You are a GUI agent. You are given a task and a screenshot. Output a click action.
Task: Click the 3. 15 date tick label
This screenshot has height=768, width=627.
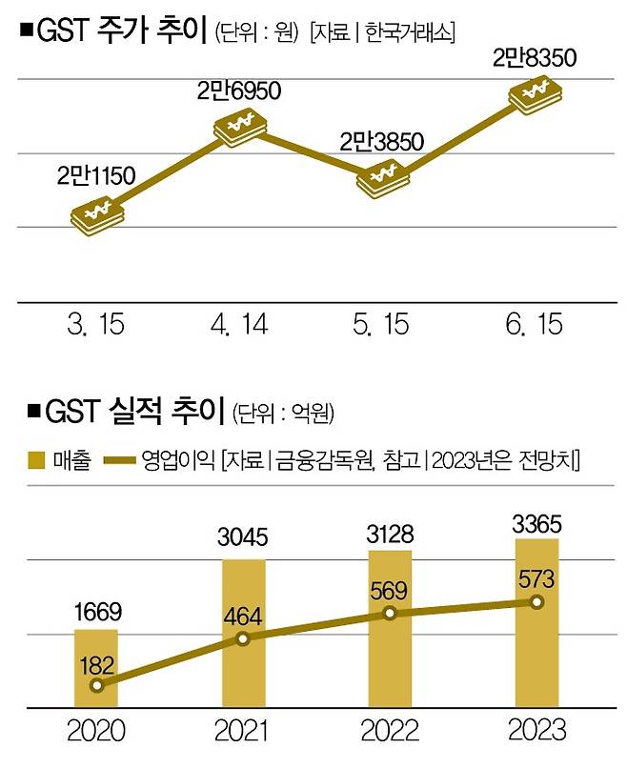pyautogui.click(x=96, y=325)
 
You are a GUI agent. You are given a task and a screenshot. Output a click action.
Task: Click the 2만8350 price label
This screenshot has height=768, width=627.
pyautogui.click(x=536, y=58)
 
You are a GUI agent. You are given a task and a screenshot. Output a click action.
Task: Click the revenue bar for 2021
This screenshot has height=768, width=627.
pyautogui.click(x=243, y=635)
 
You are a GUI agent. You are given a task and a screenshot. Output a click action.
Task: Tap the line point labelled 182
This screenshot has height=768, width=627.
pyautogui.click(x=95, y=684)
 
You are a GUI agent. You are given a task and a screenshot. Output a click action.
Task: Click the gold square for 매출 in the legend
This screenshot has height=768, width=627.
pyautogui.click(x=38, y=460)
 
